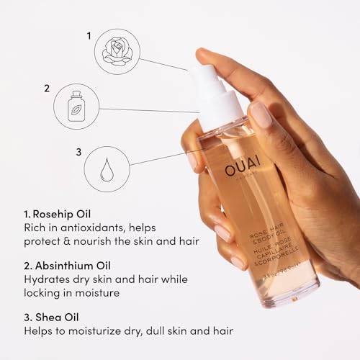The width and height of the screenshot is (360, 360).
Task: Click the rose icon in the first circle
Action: click(x=116, y=49)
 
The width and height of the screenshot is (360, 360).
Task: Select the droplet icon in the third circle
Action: click(x=107, y=168)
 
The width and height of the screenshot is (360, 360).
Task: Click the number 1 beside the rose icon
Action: click(x=89, y=35)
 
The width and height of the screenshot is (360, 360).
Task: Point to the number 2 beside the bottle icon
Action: click(x=47, y=89)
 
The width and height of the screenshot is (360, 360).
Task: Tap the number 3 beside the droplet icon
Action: click(x=78, y=152)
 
